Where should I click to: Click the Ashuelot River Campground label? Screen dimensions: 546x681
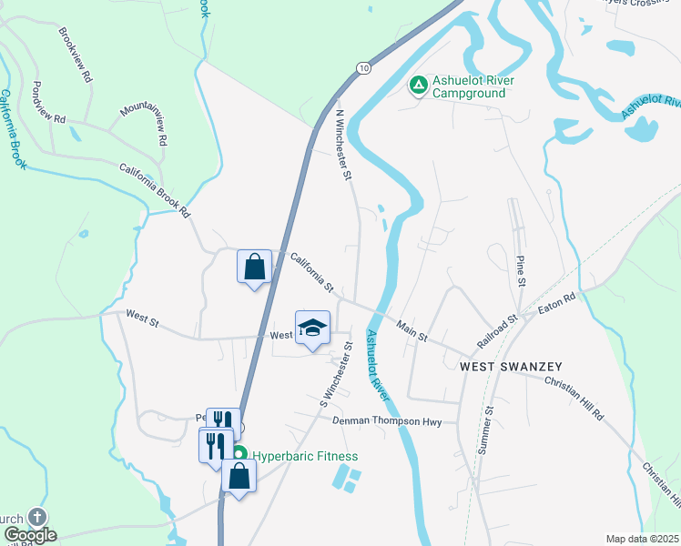tap(473, 87)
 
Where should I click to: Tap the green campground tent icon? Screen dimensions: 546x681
tap(418, 86)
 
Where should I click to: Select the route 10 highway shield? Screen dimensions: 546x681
tap(364, 68)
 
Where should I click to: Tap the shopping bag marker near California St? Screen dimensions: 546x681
tap(255, 268)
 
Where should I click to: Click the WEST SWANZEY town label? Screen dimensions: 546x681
tap(511, 366)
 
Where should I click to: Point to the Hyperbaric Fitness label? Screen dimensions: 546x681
tap(305, 456)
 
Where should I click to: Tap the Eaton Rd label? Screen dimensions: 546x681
tap(557, 304)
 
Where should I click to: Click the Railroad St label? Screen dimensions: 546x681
tap(497, 331)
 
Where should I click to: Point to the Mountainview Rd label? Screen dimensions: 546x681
tap(144, 124)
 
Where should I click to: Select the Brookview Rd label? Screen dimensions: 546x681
tap(76, 55)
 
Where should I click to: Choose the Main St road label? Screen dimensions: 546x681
tap(412, 329)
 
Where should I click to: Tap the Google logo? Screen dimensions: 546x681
tap(29, 535)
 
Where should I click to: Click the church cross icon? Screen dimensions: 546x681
tap(36, 517)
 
